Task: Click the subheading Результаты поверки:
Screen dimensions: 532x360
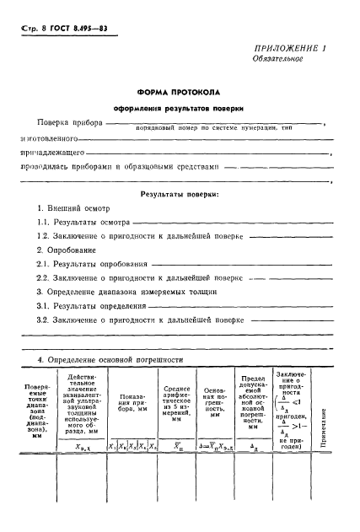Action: click(180, 194)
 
